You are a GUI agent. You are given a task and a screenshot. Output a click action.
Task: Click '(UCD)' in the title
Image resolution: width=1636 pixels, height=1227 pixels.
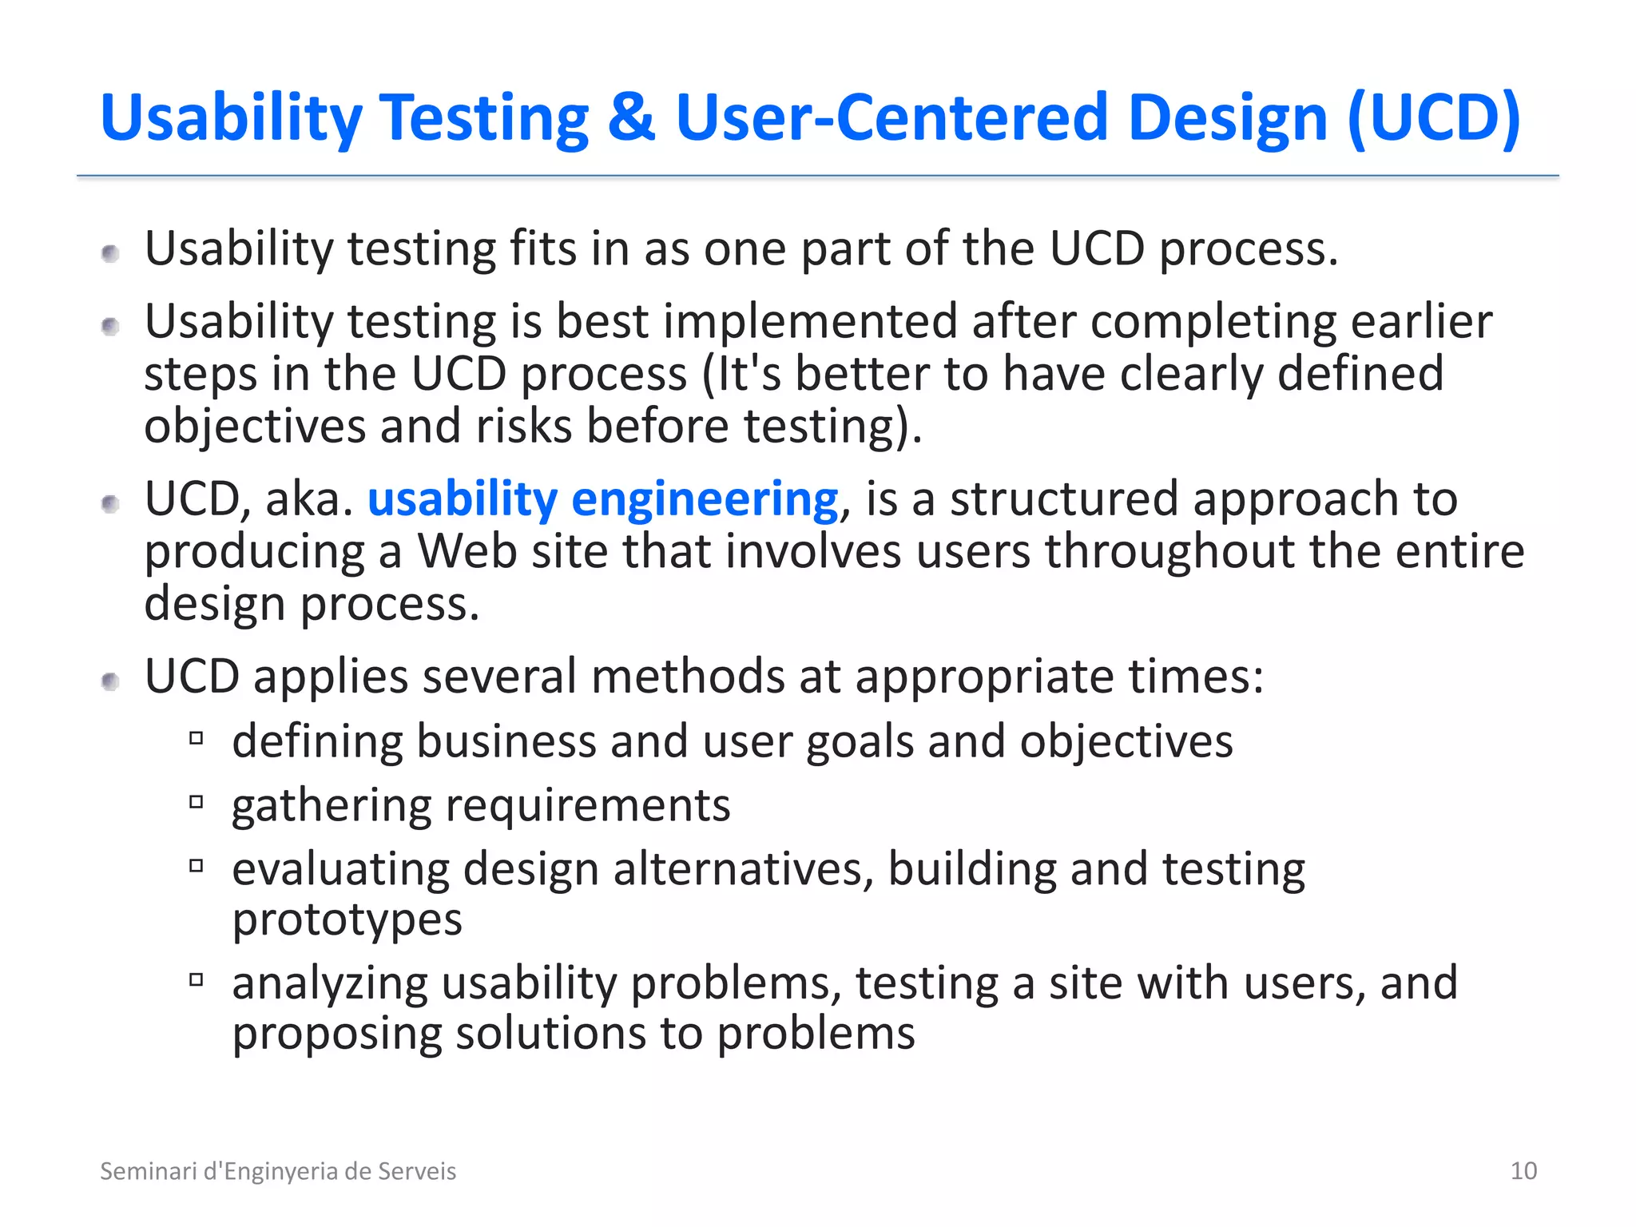tap(1433, 117)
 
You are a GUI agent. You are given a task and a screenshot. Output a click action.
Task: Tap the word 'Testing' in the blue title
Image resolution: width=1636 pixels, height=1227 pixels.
tap(483, 119)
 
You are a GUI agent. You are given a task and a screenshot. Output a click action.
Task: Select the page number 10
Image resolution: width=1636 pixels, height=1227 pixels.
tap(1523, 1170)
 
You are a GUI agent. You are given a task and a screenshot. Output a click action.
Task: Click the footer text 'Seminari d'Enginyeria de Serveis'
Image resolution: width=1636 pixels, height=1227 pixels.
tap(278, 1170)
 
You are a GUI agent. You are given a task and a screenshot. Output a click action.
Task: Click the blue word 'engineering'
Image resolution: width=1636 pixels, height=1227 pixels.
tap(705, 500)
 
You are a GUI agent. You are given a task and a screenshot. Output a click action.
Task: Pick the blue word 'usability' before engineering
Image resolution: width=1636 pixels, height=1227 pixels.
tap(462, 500)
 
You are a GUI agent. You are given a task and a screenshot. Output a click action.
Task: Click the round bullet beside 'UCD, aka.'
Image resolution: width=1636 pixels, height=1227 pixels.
tap(111, 504)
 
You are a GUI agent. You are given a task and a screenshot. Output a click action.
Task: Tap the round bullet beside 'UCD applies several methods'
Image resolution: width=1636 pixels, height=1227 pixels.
tap(111, 681)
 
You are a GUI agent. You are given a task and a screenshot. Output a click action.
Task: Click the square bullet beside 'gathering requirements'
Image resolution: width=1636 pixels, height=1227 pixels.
tap(197, 801)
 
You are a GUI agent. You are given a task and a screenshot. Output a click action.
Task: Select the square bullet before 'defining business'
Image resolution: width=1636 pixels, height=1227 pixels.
tap(197, 738)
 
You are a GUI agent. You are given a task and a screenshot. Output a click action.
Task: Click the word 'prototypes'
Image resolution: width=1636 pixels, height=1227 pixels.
tap(347, 920)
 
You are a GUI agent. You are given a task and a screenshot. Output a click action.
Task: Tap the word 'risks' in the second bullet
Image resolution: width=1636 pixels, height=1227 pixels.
tap(524, 426)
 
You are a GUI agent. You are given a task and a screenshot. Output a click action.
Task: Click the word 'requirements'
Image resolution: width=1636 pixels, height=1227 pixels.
tap(588, 805)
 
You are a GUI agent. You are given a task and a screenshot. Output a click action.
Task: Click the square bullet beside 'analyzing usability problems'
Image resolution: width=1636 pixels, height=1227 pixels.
tap(197, 979)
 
